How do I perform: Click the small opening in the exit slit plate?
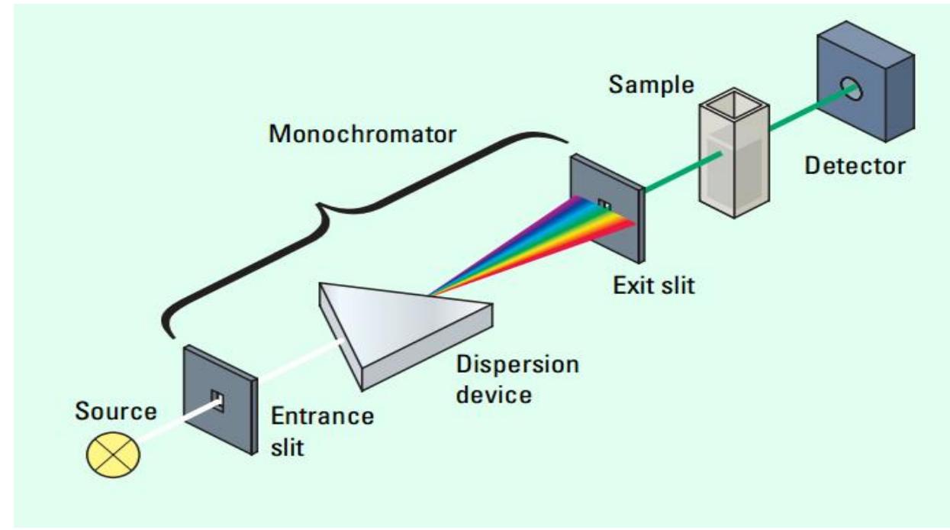605,205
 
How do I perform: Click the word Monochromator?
362,134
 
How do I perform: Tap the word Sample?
651,85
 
